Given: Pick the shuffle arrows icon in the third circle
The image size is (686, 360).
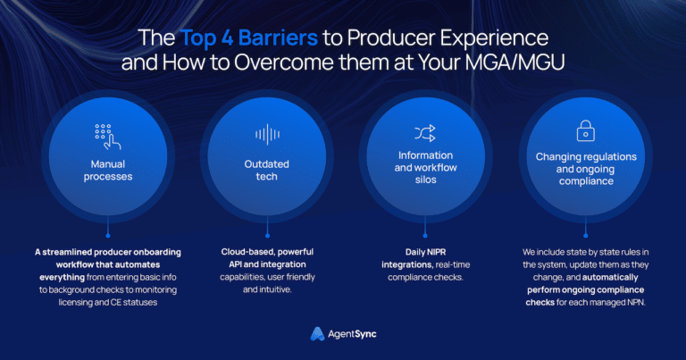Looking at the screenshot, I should point(424,134).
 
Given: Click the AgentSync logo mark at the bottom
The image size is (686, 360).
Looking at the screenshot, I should point(316,333).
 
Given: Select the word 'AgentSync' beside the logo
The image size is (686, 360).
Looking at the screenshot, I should point(354,334).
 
